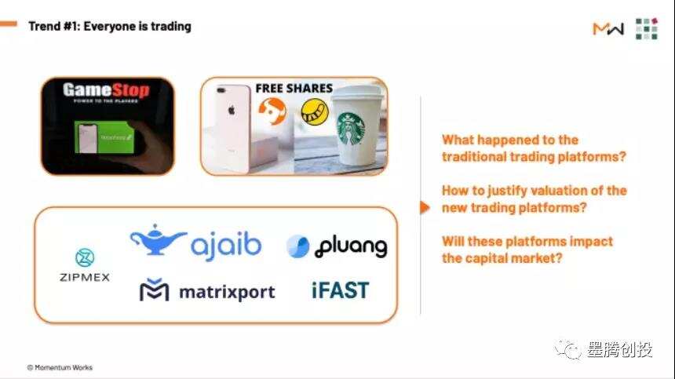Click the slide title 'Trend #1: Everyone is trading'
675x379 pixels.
pyautogui.click(x=109, y=27)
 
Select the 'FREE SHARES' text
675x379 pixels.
pyautogui.click(x=294, y=88)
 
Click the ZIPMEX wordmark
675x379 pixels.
pyautogui.click(x=85, y=277)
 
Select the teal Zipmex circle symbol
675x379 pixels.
pyautogui.click(x=85, y=257)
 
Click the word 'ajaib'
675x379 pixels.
pyautogui.click(x=226, y=245)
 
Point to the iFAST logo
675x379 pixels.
pyautogui.click(x=340, y=290)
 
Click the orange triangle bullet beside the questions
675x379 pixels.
pyautogui.click(x=425, y=207)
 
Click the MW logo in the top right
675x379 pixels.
pyautogui.click(x=608, y=29)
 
